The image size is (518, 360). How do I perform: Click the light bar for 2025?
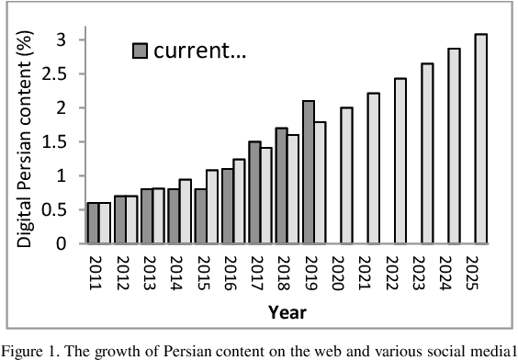[480, 139]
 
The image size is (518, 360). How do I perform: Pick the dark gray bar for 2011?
[92, 223]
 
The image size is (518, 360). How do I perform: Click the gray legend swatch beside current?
[141, 51]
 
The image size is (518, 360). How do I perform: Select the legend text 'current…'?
[199, 51]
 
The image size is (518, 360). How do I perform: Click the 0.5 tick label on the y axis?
[62, 210]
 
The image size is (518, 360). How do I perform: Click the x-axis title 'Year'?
[287, 312]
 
